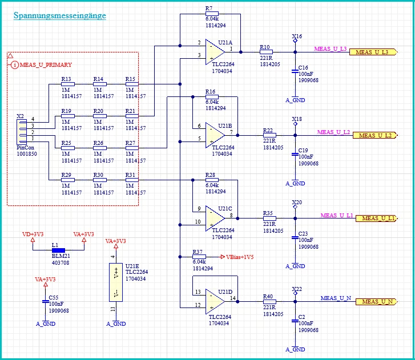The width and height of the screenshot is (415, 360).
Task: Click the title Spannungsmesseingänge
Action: (60, 15)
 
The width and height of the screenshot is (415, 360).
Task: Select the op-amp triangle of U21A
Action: (215, 52)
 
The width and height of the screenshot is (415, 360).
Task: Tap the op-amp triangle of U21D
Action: (215, 301)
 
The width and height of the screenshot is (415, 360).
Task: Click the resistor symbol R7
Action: (212, 14)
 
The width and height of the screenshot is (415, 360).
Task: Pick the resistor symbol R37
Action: (199, 257)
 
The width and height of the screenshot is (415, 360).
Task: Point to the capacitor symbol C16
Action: (295, 71)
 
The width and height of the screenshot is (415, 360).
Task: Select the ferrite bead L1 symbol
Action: (58, 250)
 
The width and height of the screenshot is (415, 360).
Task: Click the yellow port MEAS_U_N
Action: (376, 302)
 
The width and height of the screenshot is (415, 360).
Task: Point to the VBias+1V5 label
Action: (240, 257)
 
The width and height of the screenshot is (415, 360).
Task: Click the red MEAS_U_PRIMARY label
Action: (46, 65)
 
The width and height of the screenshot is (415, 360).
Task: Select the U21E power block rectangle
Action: (116, 282)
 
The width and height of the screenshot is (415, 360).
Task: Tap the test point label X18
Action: (297, 119)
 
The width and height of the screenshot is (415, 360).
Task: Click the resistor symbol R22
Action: (269, 135)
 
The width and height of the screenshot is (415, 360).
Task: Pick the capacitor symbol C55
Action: (46, 301)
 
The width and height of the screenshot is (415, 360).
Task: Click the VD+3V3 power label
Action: (33, 234)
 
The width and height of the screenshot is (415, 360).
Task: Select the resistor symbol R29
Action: (68, 180)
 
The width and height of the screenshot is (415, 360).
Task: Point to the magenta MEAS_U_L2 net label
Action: (333, 132)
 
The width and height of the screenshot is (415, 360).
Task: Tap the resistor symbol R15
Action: (132, 84)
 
